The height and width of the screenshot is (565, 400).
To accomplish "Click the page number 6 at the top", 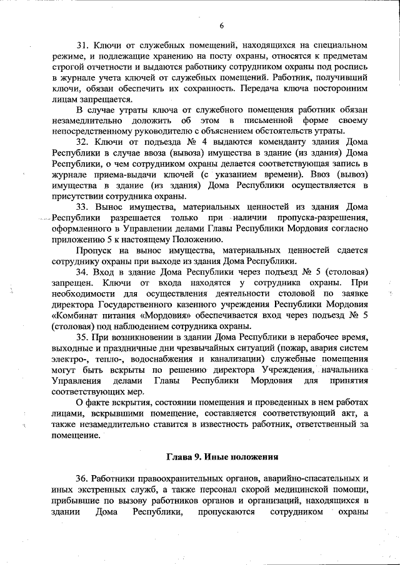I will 221,25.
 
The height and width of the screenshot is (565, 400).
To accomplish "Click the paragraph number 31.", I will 82,46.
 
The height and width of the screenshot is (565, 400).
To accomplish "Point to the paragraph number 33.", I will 82,206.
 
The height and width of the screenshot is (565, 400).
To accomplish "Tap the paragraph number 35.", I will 82,337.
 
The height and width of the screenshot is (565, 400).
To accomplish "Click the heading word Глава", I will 179,456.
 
